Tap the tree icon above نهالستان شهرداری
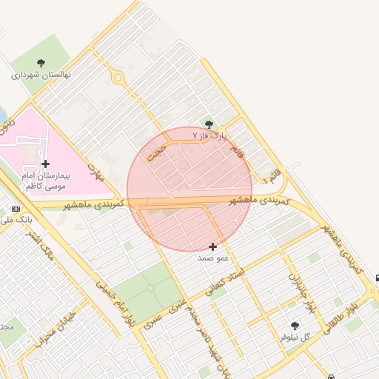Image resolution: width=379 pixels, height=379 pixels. [41, 64]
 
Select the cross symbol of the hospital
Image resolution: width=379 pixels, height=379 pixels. [46, 164]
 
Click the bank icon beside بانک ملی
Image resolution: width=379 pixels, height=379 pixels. [16, 209]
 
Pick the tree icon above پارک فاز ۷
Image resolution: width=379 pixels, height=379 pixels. [209, 125]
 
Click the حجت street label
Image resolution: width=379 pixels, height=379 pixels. [156, 151]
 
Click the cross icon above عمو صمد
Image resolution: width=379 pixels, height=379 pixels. [213, 246]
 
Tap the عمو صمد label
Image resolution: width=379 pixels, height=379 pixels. [213, 258]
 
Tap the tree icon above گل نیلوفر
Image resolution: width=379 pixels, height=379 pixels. [295, 326]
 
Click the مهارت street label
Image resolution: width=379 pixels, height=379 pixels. [98, 172]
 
